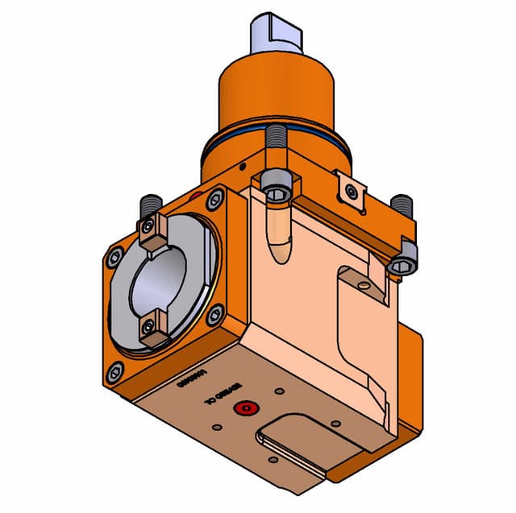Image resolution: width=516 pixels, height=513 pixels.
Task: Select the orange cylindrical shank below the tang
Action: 274,93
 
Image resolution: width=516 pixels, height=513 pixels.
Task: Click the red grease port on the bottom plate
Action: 243,410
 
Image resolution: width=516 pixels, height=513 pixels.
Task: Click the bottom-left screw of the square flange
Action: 115,370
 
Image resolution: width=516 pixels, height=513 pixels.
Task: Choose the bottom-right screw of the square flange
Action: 214,316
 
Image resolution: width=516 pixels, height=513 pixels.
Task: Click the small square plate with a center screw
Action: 350,191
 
